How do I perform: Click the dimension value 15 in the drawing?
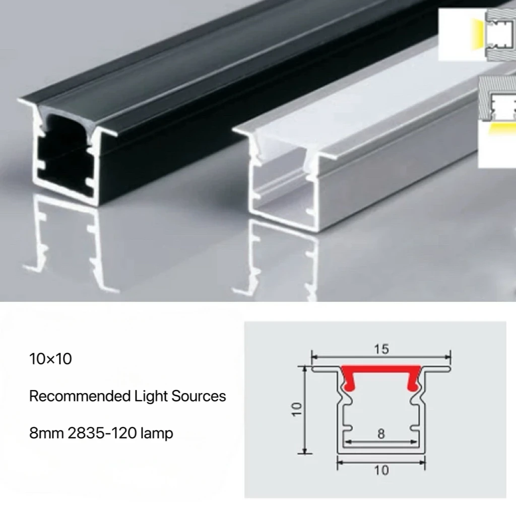(x=381, y=349)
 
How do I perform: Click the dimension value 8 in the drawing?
(x=381, y=433)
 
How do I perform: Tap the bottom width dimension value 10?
(x=381, y=470)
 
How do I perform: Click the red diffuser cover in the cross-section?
(x=381, y=371)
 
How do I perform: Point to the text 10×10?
(x=50, y=359)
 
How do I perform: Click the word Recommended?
(x=80, y=396)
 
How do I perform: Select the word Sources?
(x=199, y=396)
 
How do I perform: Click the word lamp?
(x=157, y=433)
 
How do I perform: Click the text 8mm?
(x=46, y=433)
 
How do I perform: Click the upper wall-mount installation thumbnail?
(x=476, y=34)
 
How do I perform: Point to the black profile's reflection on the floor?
(x=71, y=242)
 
